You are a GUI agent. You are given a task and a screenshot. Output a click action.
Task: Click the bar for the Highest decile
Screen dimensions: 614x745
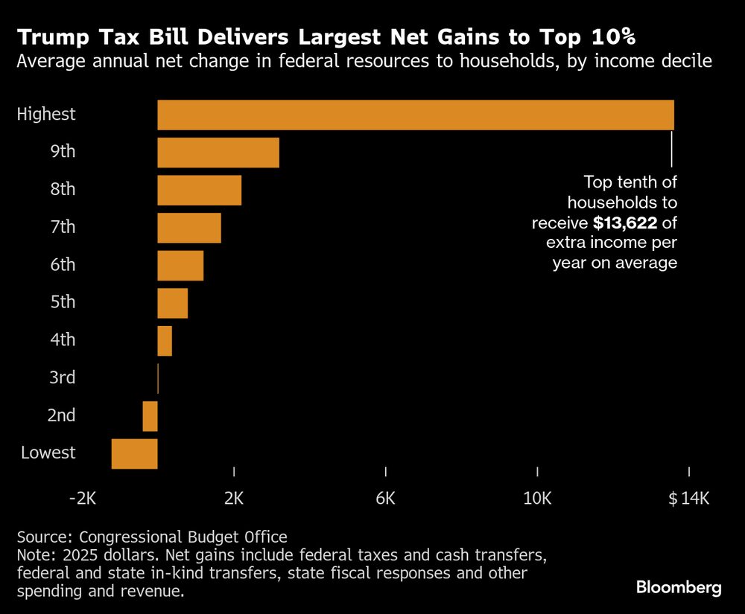pos(415,115)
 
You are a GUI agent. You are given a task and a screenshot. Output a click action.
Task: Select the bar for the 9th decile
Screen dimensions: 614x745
pos(218,153)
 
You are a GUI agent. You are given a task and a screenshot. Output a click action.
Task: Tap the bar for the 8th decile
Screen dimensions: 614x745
pos(199,190)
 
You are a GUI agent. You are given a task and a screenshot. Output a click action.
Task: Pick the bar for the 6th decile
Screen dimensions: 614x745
pos(180,266)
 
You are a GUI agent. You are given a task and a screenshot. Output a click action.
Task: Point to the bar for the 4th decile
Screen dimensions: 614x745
pos(165,341)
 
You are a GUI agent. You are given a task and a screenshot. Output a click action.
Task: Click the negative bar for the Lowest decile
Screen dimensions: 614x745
pos(135,454)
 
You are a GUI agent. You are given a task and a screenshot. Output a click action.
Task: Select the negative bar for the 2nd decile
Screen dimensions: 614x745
pos(150,416)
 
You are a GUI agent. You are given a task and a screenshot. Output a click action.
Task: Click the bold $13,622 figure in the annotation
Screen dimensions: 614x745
pos(625,222)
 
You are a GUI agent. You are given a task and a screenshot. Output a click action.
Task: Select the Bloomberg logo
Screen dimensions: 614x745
pos(679,588)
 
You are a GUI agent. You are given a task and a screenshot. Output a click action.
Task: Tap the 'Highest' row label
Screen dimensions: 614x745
pos(46,115)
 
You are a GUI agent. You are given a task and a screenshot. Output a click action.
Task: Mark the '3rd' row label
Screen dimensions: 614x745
pos(62,378)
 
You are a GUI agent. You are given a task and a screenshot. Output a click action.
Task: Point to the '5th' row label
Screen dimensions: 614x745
pos(63,303)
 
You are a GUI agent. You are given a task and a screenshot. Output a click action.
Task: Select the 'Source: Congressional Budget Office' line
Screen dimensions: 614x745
pos(151,537)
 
